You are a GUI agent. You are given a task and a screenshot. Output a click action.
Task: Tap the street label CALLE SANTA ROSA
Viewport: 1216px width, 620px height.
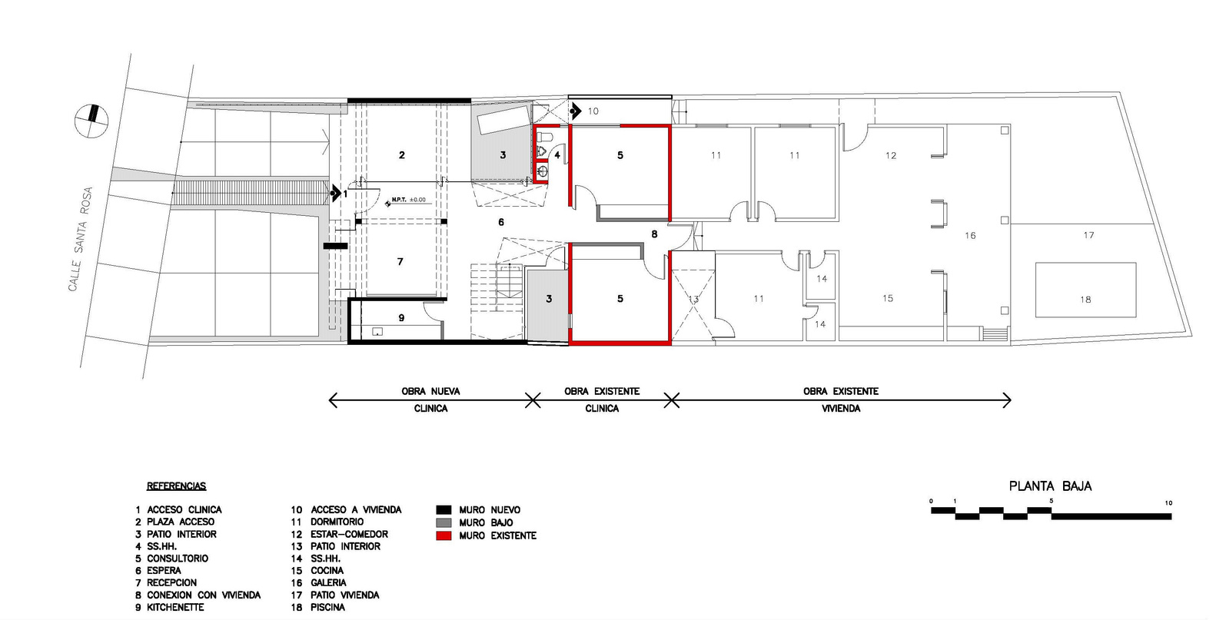[x=81, y=239]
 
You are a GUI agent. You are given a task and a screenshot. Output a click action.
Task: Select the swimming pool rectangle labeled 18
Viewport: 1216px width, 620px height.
[x=1085, y=290]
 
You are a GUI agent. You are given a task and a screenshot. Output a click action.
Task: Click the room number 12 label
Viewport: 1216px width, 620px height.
[x=890, y=156]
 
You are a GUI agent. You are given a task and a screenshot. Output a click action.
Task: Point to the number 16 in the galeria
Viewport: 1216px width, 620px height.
[x=970, y=236]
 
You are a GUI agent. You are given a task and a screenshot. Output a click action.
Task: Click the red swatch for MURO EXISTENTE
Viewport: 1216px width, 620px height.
[x=443, y=535]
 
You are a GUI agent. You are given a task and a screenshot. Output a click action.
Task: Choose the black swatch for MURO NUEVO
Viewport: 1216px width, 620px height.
[x=443, y=509]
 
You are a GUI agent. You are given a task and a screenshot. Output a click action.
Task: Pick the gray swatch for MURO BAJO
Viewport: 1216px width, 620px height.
[x=443, y=522]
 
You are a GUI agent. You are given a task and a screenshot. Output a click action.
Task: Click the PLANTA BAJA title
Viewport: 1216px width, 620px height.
[x=1050, y=486]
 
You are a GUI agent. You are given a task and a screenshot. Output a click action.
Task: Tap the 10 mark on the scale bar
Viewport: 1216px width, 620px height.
[x=1168, y=503]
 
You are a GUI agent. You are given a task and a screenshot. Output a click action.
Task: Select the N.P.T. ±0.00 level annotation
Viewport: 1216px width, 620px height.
[x=407, y=201]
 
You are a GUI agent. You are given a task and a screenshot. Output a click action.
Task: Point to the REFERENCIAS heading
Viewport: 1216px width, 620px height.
[x=176, y=486]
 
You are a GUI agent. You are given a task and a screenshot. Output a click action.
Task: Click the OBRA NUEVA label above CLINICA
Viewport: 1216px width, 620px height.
[x=430, y=391]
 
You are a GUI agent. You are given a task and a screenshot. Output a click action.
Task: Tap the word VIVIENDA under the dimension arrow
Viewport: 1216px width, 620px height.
[x=841, y=409]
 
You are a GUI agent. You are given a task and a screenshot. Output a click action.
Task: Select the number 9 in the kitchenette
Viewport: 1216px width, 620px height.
[x=401, y=317]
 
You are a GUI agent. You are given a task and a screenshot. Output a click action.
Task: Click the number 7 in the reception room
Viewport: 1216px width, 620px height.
[x=400, y=262]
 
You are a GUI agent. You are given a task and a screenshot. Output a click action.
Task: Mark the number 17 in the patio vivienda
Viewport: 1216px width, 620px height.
[x=1088, y=235]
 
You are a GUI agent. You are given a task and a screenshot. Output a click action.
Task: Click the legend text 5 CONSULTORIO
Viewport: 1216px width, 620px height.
[x=172, y=559]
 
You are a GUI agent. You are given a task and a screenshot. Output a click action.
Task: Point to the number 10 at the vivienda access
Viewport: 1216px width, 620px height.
[x=593, y=111]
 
